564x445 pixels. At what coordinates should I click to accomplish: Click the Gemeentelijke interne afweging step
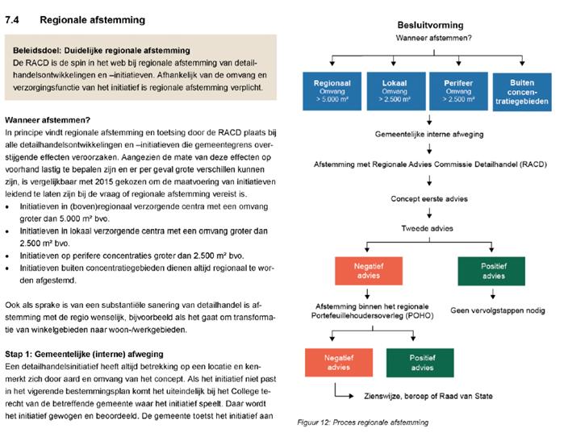(x=418, y=132)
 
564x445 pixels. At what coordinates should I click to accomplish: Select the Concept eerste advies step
(x=418, y=198)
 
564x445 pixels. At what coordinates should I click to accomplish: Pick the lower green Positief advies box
(x=416, y=362)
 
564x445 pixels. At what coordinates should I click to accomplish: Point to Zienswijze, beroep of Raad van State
(x=425, y=395)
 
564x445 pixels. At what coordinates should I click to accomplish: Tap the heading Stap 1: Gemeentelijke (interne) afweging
(x=84, y=353)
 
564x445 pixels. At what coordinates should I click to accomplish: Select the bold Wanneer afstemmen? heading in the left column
(x=48, y=119)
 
